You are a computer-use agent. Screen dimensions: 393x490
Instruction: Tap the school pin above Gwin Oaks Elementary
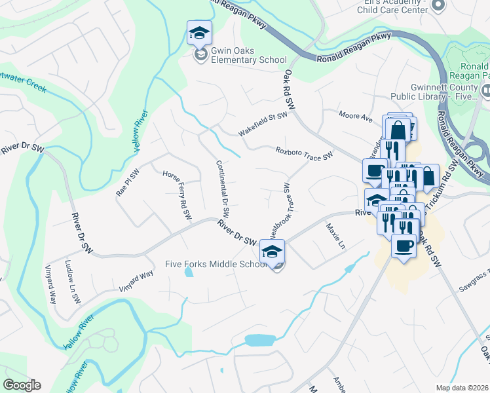tap(199, 32)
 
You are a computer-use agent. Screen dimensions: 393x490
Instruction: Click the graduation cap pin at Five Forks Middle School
tap(273, 251)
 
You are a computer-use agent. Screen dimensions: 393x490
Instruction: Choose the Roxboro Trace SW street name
tap(305, 153)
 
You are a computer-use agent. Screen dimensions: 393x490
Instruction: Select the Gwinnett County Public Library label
tap(436, 92)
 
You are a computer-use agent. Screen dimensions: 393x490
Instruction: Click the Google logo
tap(22, 385)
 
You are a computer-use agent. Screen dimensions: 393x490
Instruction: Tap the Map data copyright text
tap(462, 388)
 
